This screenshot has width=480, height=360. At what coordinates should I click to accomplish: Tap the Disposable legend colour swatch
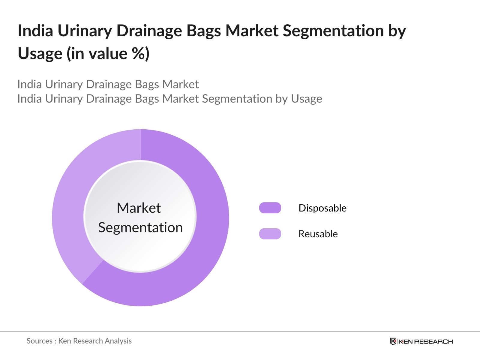(x=270, y=208)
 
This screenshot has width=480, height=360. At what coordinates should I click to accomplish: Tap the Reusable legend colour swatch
(x=270, y=234)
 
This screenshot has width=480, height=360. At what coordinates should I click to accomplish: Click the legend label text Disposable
(x=322, y=208)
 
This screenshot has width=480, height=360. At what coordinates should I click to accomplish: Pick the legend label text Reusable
(x=318, y=234)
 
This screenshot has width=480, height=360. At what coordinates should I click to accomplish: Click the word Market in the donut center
(x=139, y=208)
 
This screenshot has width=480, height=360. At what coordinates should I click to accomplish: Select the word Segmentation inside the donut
(x=140, y=227)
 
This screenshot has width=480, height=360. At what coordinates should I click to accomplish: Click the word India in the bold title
(x=35, y=31)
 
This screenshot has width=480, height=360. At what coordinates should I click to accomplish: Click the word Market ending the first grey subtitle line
(x=181, y=84)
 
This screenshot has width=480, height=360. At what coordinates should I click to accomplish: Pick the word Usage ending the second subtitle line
(x=307, y=99)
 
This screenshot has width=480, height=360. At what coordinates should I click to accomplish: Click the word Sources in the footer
(x=39, y=341)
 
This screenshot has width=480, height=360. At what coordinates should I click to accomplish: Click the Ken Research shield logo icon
(x=393, y=341)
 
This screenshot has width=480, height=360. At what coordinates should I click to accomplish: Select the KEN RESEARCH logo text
(x=426, y=341)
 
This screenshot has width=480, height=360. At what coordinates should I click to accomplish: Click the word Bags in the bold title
(x=203, y=31)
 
